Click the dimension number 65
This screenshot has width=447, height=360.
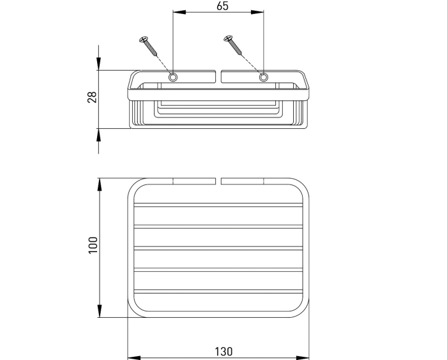222,6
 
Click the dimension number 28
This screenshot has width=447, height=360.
93,97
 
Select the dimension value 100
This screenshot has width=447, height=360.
93,245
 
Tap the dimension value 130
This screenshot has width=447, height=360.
223,352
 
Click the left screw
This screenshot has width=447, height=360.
148,47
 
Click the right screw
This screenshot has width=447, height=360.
233,45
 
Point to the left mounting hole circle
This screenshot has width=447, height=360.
172,77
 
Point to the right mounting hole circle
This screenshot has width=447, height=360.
264,77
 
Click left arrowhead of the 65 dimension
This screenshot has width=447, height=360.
179,12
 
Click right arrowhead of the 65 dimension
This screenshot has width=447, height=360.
257,12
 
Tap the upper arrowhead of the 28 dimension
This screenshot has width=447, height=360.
98,64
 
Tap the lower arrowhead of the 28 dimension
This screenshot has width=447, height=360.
98,135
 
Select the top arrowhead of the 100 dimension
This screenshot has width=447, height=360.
100,185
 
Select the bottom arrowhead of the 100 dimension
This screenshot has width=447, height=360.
100,311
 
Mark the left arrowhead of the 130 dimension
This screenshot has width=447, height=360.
134,357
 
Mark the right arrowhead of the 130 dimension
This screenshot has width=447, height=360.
303,357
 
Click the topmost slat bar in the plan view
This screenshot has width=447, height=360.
218,205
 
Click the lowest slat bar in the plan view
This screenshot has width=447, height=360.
218,292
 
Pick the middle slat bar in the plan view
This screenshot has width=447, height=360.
218,248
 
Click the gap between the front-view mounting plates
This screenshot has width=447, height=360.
218,77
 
